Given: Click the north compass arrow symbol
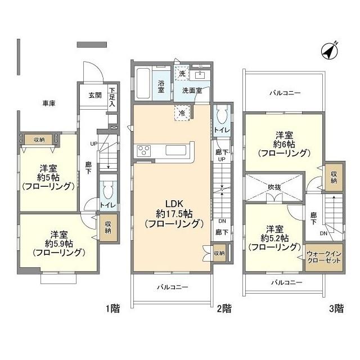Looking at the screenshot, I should (329, 51).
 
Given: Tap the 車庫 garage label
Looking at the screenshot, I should (49, 103).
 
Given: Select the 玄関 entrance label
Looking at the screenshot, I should (94, 95).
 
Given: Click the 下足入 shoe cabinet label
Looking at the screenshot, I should (112, 97).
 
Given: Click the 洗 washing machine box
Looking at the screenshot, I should (182, 73).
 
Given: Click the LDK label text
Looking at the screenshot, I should (172, 204).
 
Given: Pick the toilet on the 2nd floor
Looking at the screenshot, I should (220, 115).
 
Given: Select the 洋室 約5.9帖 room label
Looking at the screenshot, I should (60, 242).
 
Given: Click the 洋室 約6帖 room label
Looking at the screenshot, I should (284, 143).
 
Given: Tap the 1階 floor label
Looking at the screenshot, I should (112, 308).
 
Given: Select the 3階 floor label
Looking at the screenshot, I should (336, 308).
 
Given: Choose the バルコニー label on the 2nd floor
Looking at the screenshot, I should (172, 286).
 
